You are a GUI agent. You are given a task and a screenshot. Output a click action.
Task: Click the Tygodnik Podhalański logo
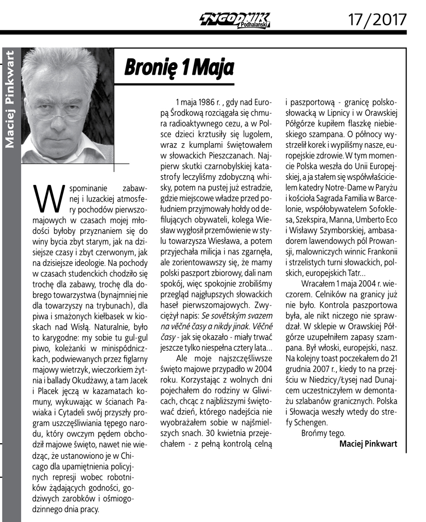click(234, 20)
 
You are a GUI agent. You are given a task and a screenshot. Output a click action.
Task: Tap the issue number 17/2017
click(377, 19)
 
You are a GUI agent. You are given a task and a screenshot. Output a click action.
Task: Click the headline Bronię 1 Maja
click(179, 66)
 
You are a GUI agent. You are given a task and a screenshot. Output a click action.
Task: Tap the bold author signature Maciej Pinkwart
click(368, 444)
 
